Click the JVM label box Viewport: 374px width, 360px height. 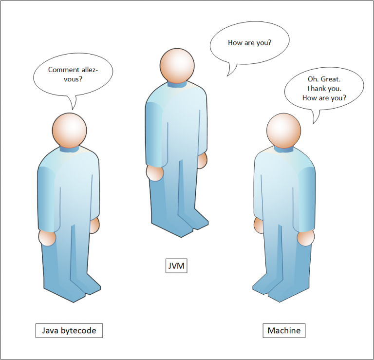176,265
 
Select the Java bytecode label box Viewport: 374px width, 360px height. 69,331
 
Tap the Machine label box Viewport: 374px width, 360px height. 284,331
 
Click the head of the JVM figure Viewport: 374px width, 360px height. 177,66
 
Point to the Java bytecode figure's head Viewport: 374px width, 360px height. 70,130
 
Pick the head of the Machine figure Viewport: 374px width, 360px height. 283,131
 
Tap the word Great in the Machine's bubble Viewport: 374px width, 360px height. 331,79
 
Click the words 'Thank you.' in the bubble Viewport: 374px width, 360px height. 324,89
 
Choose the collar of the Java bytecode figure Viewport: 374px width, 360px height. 70,150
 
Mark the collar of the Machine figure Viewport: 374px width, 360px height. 283,150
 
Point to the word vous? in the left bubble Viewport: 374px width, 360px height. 73,79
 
